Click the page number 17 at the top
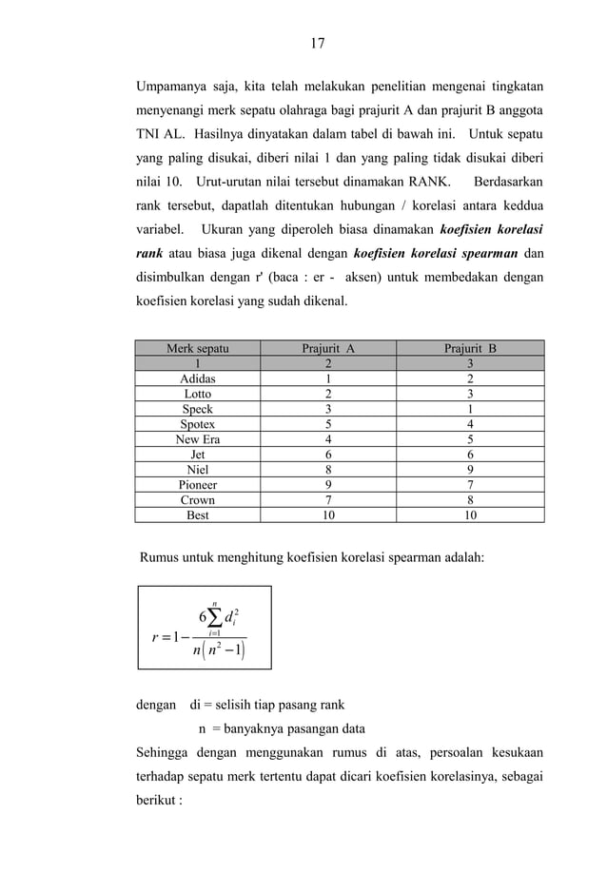pos(317,43)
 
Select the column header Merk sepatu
pos(197,348)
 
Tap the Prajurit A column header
pos(328,348)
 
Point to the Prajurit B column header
pos(470,348)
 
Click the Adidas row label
pos(197,378)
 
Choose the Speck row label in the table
pos(197,409)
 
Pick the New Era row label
pos(197,439)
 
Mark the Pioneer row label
pos(197,485)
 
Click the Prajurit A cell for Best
pos(328,515)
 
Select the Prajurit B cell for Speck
pos(470,409)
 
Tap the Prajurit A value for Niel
pos(328,470)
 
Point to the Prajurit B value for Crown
pos(470,500)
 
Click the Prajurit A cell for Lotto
pos(328,394)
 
